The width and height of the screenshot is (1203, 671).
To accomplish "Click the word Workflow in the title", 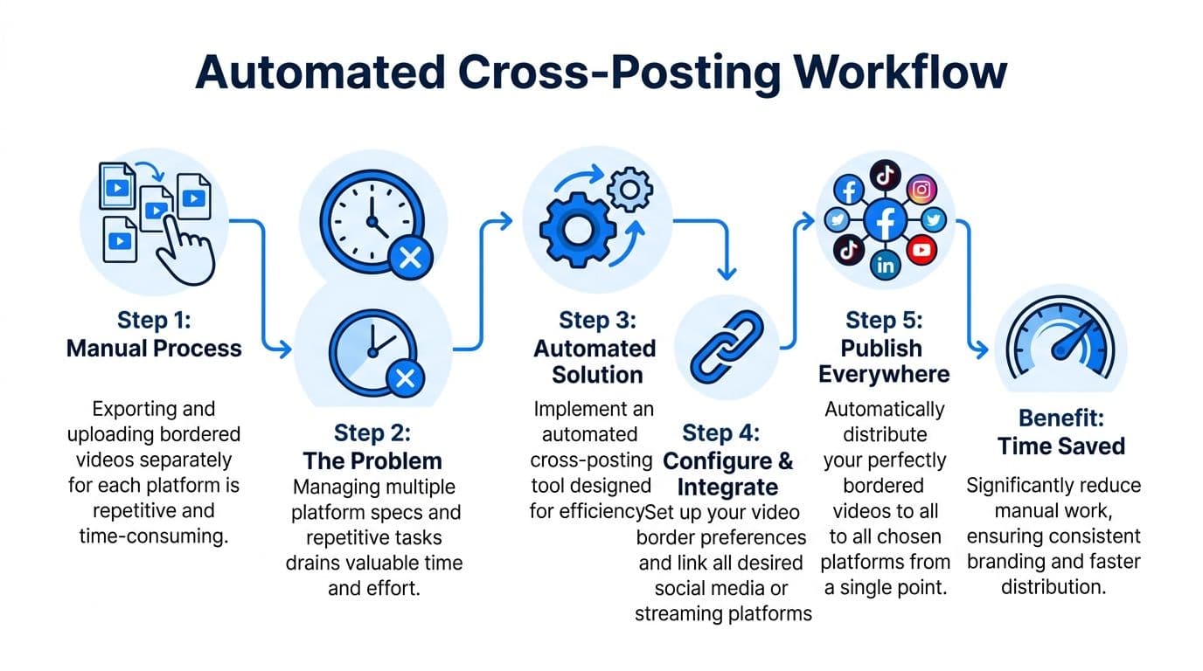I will [901, 73].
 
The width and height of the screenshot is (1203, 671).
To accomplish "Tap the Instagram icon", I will [921, 190].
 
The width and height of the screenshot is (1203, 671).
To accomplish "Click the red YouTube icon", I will [921, 251].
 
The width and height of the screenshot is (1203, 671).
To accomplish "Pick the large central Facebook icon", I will [885, 220].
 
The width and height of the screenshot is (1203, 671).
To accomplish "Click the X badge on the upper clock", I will [410, 258].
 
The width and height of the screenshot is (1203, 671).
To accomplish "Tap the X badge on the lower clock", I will [406, 379].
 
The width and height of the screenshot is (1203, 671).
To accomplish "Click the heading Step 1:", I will [154, 320].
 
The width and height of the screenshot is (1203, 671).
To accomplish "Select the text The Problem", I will [372, 460].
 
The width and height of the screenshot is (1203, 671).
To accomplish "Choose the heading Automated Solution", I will [595, 362].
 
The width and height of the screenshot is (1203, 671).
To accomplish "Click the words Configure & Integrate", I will [728, 473].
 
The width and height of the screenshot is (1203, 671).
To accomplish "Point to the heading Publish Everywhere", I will [883, 361].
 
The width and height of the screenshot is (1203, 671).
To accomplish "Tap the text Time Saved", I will [1060, 446].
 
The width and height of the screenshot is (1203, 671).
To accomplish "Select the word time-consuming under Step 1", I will [154, 536].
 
